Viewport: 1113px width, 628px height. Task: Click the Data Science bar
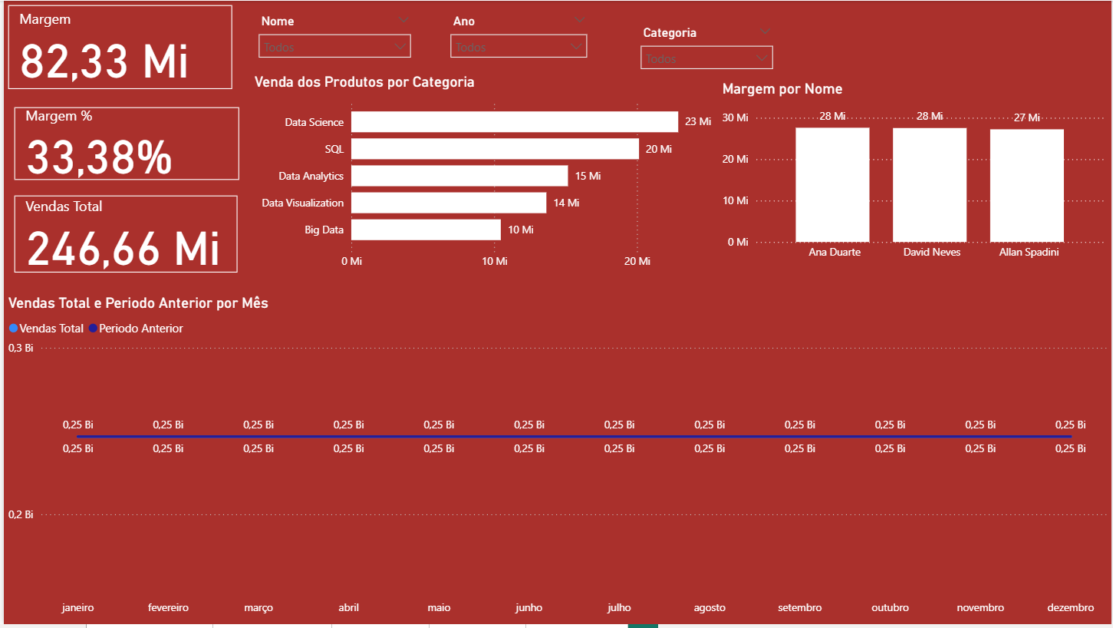514,122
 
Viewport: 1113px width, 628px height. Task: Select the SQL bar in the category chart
495,149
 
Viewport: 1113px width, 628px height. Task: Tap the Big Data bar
426,230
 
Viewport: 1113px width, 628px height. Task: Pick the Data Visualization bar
449,203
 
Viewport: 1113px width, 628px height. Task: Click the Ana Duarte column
832,184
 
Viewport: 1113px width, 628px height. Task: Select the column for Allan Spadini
1026,185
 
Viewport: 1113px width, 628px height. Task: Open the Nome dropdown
334,47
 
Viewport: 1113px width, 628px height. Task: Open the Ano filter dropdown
519,47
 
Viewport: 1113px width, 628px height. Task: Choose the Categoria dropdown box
706,58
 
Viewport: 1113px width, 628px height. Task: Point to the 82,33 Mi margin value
104,61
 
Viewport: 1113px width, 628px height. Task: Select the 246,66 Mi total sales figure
123,248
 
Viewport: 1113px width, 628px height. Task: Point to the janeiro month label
77,607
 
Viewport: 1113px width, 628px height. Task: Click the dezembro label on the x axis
1070,607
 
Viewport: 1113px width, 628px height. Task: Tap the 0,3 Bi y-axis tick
21,348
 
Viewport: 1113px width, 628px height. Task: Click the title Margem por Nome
782,89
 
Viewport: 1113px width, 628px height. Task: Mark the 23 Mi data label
698,122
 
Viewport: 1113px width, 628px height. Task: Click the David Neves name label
931,252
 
